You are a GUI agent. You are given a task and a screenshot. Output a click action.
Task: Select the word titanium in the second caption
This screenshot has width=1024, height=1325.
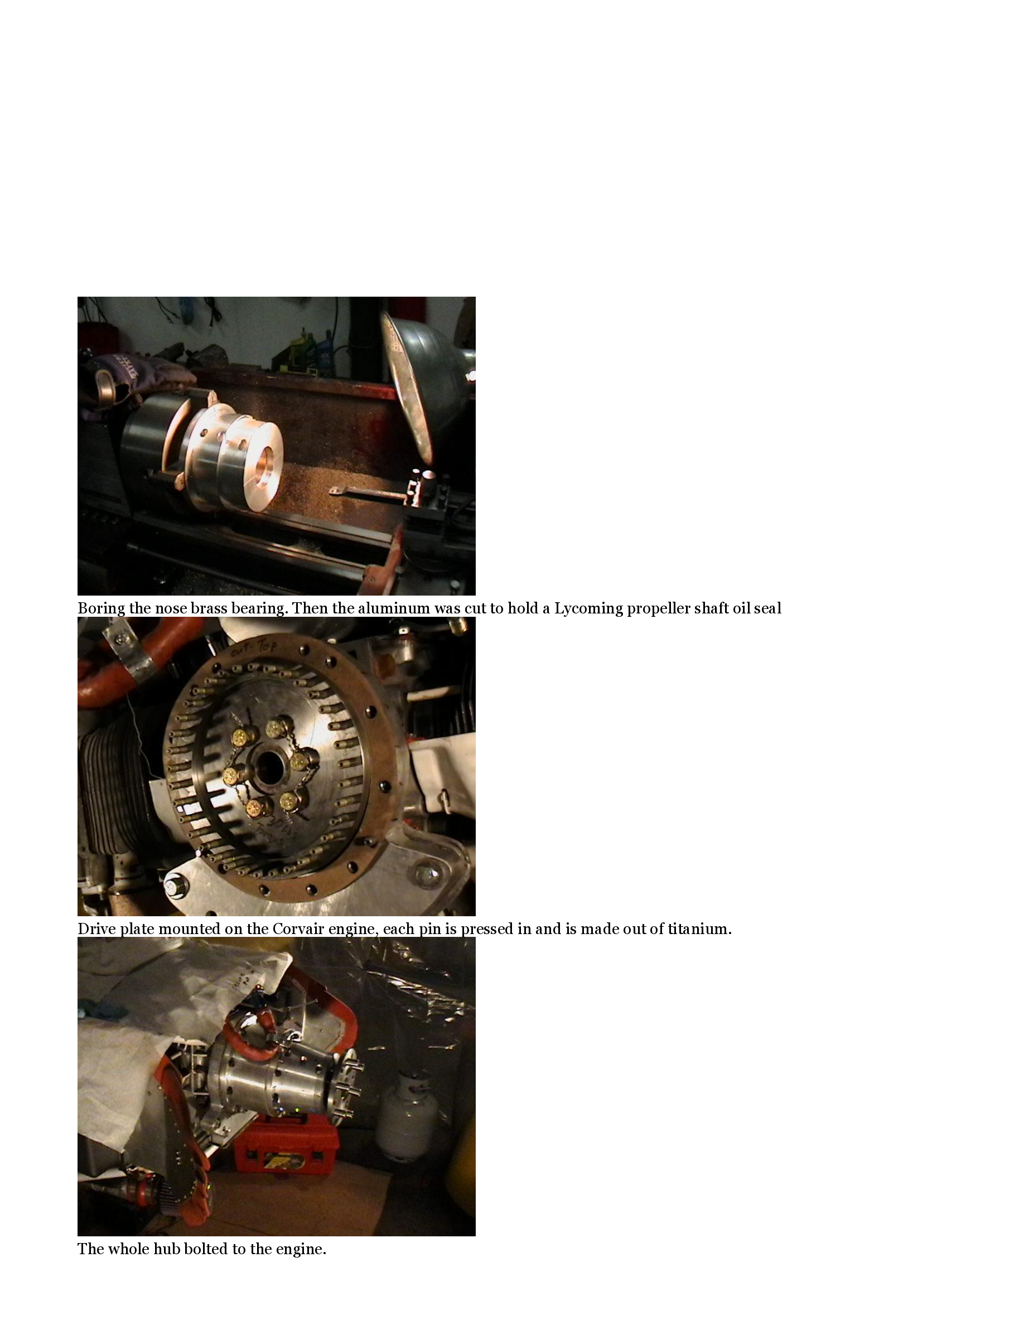coord(699,929)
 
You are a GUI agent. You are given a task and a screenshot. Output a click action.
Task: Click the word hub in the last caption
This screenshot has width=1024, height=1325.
coord(167,1249)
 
